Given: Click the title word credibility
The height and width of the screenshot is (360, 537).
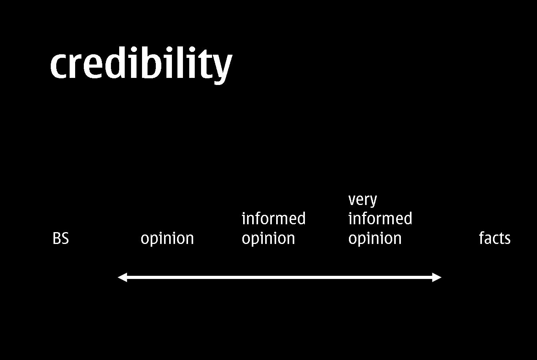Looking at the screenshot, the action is pyautogui.click(x=141, y=65).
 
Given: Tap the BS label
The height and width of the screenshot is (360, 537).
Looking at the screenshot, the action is pyautogui.click(x=61, y=238).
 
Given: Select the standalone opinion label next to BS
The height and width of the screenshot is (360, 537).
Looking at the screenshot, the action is pyautogui.click(x=167, y=239).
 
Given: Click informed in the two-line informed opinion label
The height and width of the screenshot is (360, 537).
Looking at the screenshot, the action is pyautogui.click(x=273, y=218).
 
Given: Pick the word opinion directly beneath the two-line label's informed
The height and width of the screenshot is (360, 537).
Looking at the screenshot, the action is pyautogui.click(x=268, y=239).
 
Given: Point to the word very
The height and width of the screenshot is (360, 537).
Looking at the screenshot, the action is pyautogui.click(x=362, y=200).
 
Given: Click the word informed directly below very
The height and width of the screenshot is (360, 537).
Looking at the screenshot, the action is pyautogui.click(x=380, y=218).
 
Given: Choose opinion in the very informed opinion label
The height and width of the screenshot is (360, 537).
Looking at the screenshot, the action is pyautogui.click(x=375, y=239).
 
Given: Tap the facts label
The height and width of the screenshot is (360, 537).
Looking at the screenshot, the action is pyautogui.click(x=495, y=238).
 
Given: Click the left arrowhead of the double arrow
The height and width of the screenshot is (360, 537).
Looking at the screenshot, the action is pyautogui.click(x=122, y=277).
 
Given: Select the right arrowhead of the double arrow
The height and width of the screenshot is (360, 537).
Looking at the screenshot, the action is pyautogui.click(x=437, y=277).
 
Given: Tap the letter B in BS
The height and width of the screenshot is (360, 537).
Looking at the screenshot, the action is pyautogui.click(x=57, y=238).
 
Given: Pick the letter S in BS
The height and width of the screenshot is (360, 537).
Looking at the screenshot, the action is pyautogui.click(x=65, y=238).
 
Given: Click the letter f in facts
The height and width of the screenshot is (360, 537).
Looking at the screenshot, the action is pyautogui.click(x=482, y=238).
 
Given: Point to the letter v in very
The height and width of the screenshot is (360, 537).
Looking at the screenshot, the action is pyautogui.click(x=352, y=201).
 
